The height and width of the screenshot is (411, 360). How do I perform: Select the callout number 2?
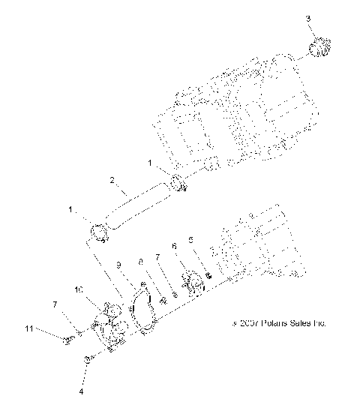(x=111, y=180)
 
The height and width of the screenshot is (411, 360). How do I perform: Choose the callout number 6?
(x=173, y=244)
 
